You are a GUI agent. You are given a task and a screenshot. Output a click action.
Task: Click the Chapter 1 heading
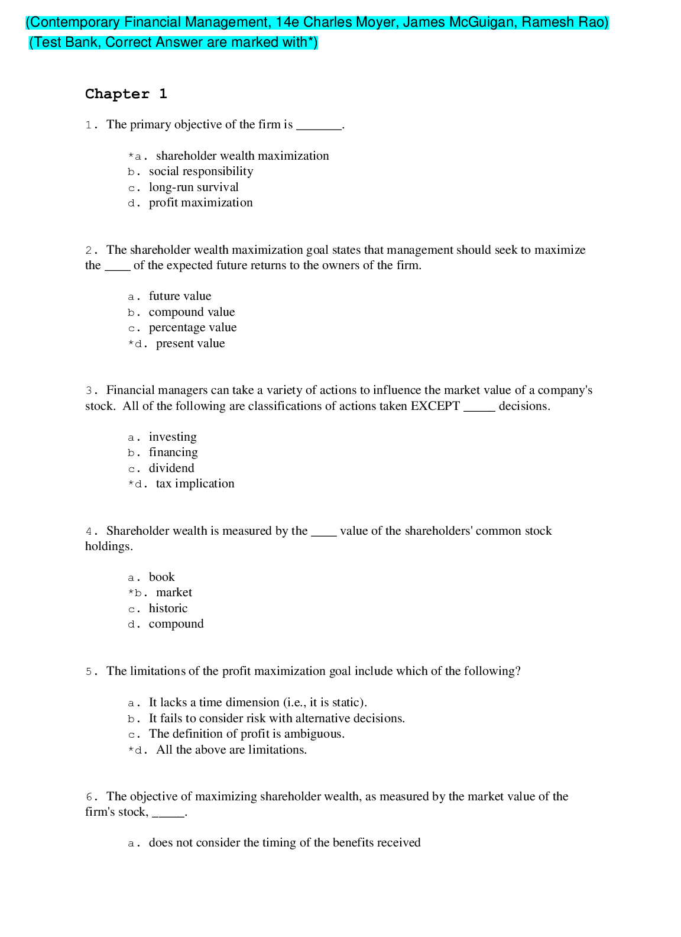click(126, 94)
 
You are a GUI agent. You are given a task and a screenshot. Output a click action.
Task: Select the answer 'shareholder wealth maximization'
click(242, 156)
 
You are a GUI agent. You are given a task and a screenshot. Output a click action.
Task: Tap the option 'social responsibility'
click(201, 172)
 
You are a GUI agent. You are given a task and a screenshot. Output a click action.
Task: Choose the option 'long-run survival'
click(193, 188)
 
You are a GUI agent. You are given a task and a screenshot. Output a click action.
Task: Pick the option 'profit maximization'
click(200, 203)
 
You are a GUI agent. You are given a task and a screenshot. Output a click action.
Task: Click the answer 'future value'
click(180, 296)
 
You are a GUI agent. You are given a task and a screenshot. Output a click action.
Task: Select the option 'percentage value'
click(192, 328)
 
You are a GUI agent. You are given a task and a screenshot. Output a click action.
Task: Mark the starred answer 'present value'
click(190, 344)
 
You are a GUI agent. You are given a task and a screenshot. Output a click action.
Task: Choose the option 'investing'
click(173, 437)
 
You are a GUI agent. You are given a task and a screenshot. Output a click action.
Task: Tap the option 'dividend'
click(171, 469)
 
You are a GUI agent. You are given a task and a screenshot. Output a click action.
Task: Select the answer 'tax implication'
click(195, 484)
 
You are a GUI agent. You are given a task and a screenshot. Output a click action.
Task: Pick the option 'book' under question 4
click(161, 577)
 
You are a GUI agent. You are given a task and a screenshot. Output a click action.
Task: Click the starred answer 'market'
click(174, 593)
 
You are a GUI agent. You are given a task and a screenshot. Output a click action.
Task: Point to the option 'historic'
click(168, 609)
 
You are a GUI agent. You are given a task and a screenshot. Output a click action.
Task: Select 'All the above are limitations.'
click(231, 750)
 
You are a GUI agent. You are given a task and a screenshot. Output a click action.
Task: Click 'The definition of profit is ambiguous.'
click(247, 734)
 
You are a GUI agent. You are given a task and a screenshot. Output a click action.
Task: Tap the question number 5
click(89, 672)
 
